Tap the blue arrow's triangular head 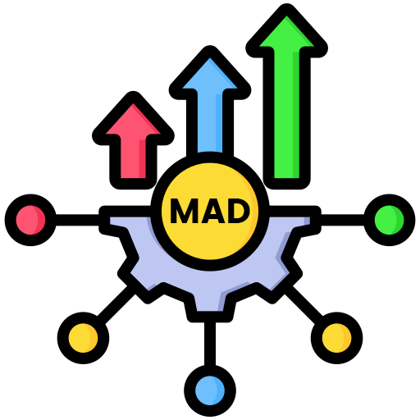click(x=210, y=75)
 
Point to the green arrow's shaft click(x=286, y=117)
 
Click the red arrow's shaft click(x=133, y=162)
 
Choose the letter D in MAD click(x=235, y=211)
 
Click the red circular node click(x=30, y=220)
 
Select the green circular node click(x=389, y=220)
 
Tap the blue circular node click(x=210, y=390)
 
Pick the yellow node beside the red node click(x=83, y=338)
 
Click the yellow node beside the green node click(x=336, y=338)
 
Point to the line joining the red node click(x=77, y=220)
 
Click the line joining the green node click(x=342, y=220)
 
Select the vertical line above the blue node click(x=210, y=344)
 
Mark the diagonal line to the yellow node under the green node click(x=304, y=304)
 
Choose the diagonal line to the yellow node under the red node click(x=116, y=304)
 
